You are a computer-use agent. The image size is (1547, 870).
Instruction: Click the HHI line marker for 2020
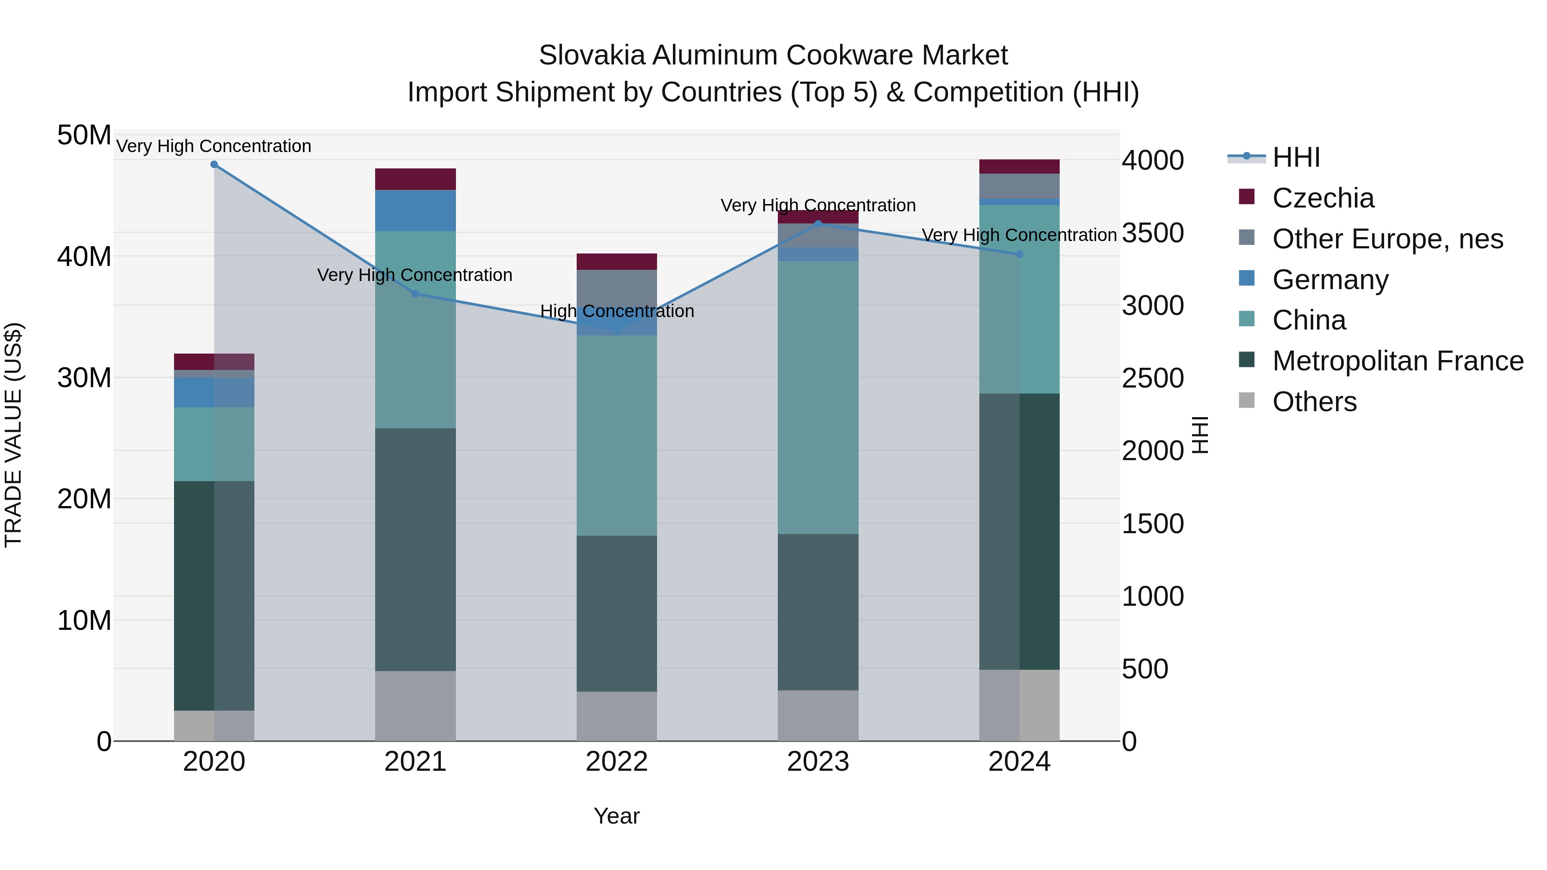pyautogui.click(x=214, y=165)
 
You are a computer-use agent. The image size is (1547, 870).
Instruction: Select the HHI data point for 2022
pyautogui.click(x=617, y=330)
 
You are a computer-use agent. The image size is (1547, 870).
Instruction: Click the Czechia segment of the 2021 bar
pyautogui.click(x=415, y=179)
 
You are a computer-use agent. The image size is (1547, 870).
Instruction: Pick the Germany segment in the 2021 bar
pyautogui.click(x=415, y=210)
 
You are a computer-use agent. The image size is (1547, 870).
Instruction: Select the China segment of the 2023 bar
pyautogui.click(x=818, y=396)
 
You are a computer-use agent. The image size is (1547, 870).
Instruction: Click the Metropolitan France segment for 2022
pyautogui.click(x=617, y=612)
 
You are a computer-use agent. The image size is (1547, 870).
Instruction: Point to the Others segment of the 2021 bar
pyautogui.click(x=415, y=705)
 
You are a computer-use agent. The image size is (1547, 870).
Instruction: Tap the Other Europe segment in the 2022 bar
pyautogui.click(x=617, y=294)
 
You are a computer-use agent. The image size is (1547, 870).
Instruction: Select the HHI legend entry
pyautogui.click(x=1296, y=157)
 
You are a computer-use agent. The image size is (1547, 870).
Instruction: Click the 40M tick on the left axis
pyautogui.click(x=84, y=256)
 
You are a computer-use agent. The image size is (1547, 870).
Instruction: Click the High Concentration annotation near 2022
pyautogui.click(x=617, y=311)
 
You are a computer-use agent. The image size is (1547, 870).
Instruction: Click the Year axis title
pyautogui.click(x=617, y=816)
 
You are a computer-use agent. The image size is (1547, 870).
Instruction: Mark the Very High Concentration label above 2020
pyautogui.click(x=214, y=146)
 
